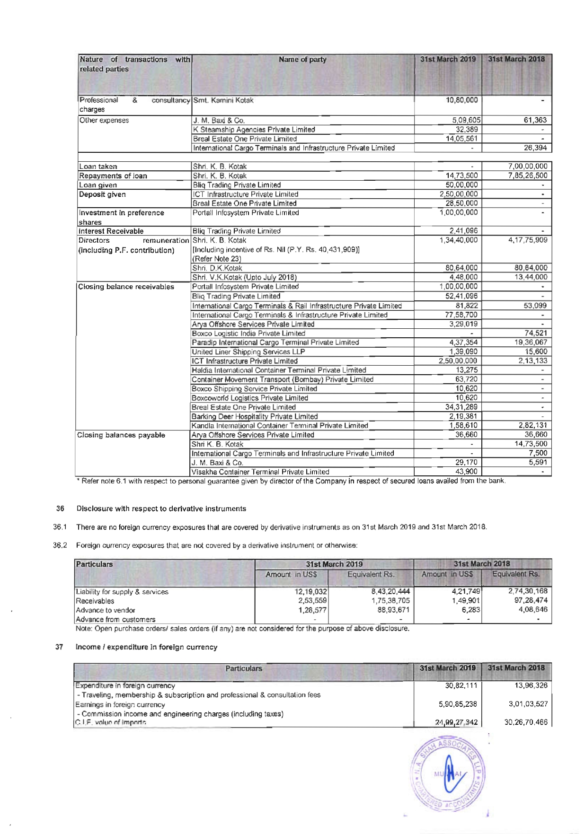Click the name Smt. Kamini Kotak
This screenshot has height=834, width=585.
click(x=223, y=100)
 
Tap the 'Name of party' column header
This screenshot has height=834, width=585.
click(x=302, y=60)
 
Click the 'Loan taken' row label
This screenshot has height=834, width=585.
click(x=98, y=167)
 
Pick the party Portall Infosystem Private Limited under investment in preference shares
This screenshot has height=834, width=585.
click(x=246, y=213)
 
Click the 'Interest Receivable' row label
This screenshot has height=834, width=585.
click(x=111, y=231)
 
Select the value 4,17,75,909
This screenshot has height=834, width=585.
click(x=527, y=240)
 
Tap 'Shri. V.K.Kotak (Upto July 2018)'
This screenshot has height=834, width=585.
click(x=244, y=277)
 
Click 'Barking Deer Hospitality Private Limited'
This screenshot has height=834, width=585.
click(x=255, y=416)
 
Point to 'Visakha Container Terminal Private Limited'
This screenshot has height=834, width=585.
click(x=260, y=472)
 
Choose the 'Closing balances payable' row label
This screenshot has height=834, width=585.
click(x=121, y=435)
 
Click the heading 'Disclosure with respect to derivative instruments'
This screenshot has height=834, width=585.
click(x=161, y=509)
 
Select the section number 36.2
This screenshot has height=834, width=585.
click(x=60, y=545)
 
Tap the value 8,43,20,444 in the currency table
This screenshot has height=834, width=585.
click(x=390, y=591)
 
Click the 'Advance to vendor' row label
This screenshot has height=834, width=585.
click(x=106, y=610)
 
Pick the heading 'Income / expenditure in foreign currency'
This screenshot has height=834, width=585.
click(x=146, y=647)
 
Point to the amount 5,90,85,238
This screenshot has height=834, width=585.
click(x=458, y=704)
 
